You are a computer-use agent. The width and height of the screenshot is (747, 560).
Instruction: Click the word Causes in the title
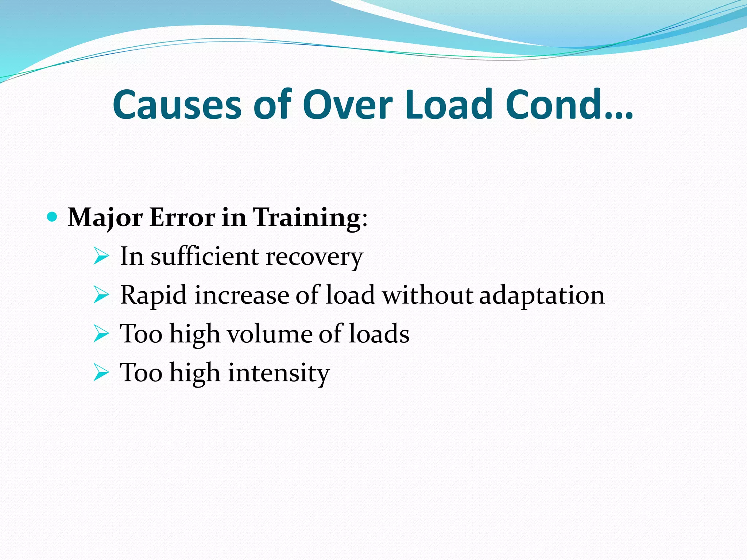click(177, 105)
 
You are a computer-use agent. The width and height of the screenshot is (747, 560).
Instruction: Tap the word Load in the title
click(449, 105)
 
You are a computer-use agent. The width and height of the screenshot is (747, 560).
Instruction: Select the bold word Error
click(182, 217)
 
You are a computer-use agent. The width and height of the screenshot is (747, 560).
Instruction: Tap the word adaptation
click(542, 295)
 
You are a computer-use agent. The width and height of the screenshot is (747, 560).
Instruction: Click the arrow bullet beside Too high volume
click(101, 334)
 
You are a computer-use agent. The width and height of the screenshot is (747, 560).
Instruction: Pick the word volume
click(270, 334)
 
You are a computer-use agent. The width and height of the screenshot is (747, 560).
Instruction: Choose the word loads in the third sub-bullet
click(379, 334)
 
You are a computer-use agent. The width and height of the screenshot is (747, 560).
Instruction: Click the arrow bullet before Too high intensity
click(101, 373)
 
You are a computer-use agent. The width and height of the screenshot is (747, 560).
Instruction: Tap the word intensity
click(279, 373)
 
